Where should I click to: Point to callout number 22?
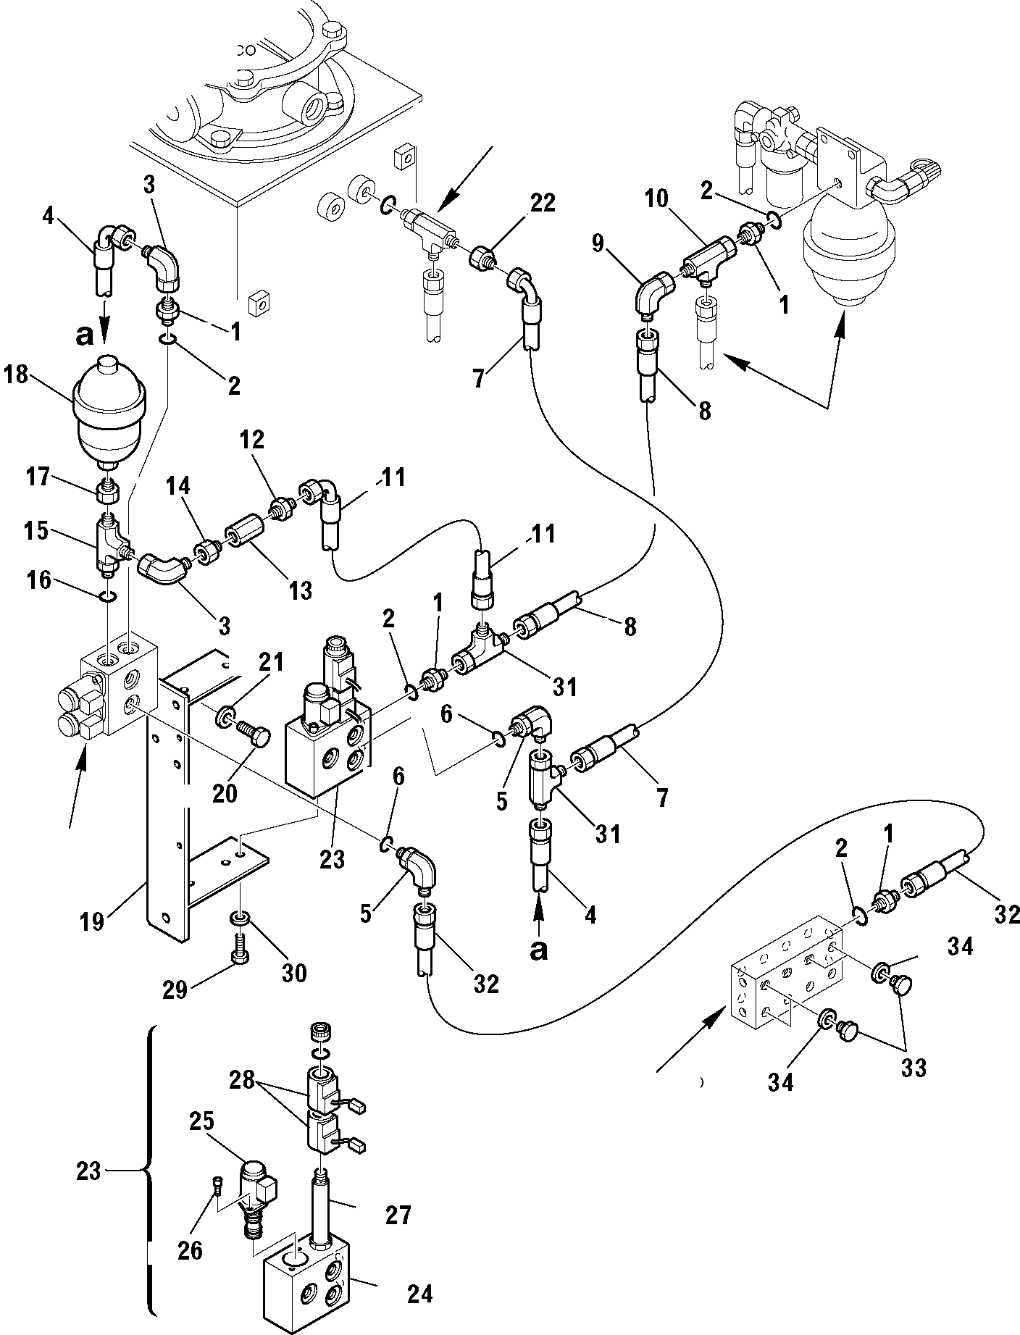[543, 204]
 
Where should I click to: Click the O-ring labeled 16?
[106, 595]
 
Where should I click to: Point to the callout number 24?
[419, 1294]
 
